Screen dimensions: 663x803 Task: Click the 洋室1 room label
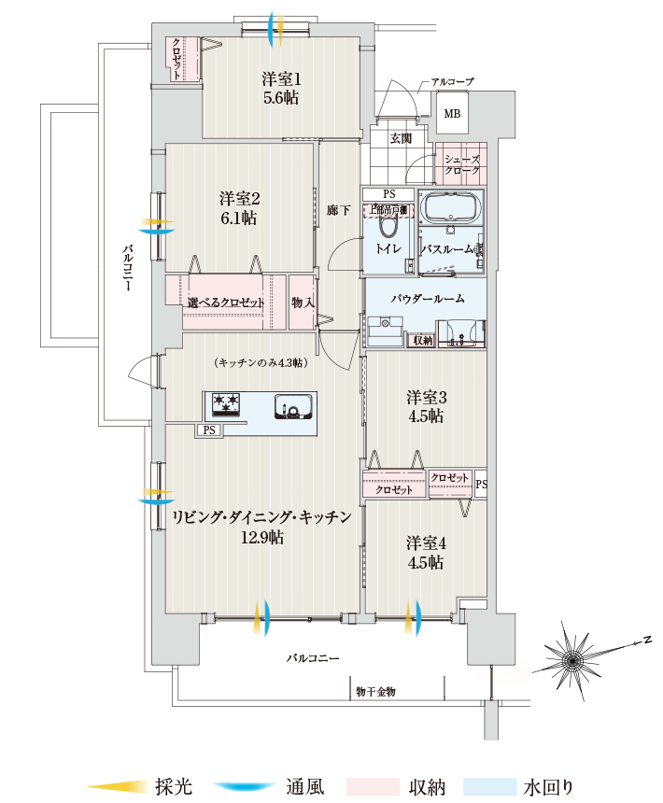click(281, 88)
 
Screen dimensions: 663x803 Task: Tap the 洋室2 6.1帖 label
click(239, 208)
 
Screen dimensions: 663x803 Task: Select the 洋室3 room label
click(426, 406)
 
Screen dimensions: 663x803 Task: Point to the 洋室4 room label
click(426, 553)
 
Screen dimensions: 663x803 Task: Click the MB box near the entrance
click(452, 114)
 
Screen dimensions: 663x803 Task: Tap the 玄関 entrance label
click(401, 138)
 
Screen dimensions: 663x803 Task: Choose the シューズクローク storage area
click(461, 164)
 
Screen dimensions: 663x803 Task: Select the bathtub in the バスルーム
click(450, 208)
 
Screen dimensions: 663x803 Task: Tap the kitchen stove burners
click(226, 403)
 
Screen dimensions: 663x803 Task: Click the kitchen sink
click(293, 406)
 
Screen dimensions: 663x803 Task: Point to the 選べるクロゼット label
click(225, 303)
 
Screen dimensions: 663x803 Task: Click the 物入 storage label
click(303, 303)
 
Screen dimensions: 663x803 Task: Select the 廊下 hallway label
click(338, 210)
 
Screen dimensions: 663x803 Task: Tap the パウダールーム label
click(428, 299)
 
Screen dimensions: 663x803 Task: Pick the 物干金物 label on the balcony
click(375, 691)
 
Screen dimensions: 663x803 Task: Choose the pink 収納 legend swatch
click(374, 786)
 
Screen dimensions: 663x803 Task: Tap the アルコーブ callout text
click(452, 81)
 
